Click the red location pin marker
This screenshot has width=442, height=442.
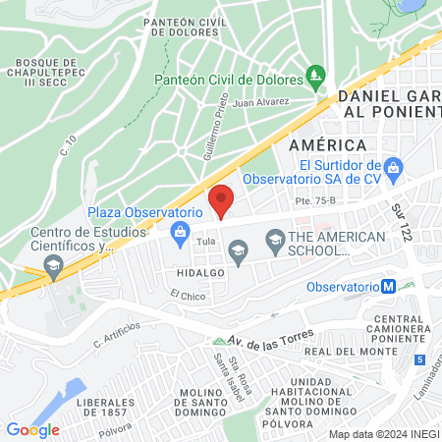click(222, 199)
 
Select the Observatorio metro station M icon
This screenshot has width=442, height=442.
click(389, 286)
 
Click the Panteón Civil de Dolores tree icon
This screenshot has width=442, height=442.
click(315, 75)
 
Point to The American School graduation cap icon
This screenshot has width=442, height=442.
click(275, 237)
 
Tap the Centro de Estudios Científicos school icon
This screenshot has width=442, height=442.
click(53, 263)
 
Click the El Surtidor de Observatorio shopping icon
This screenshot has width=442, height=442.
click(393, 167)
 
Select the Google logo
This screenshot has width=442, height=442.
click(32, 429)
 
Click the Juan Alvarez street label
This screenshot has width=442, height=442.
click(261, 101)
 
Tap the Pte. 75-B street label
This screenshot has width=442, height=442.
click(314, 200)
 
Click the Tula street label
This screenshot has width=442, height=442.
click(205, 241)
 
